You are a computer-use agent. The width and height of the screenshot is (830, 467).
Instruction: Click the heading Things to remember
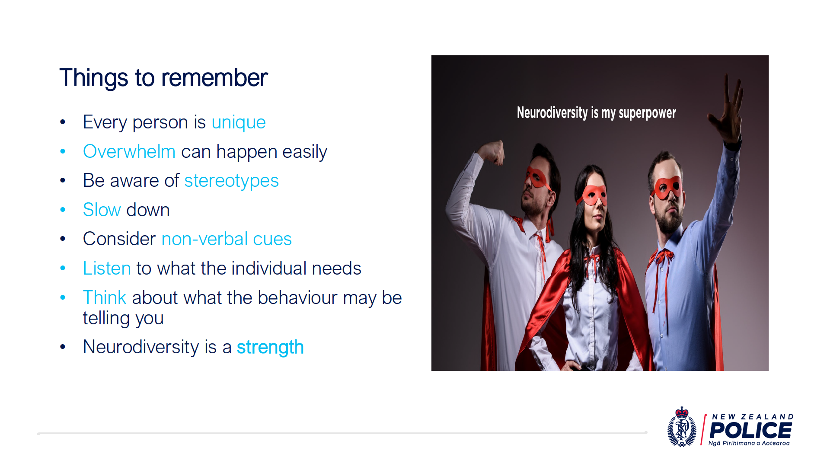163,78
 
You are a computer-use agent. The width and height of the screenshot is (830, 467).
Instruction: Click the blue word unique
239,123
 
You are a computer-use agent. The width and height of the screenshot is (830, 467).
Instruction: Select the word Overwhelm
129,152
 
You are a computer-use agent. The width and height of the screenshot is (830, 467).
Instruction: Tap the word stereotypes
232,181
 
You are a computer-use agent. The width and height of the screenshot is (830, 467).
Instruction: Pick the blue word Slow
102,210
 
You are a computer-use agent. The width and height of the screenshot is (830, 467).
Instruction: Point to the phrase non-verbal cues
227,239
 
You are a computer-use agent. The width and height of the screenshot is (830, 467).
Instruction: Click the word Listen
107,269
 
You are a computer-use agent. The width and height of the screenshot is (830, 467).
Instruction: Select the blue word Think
105,298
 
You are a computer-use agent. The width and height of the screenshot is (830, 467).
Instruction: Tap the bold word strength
270,348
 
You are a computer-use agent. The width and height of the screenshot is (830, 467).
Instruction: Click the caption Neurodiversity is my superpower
596,113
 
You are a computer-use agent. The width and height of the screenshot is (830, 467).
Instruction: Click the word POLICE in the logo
750,430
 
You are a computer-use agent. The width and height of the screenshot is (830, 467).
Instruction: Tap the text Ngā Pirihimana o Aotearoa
749,443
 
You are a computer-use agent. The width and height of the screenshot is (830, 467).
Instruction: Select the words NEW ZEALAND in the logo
753,417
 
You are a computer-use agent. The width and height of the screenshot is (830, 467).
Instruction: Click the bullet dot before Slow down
63,210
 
